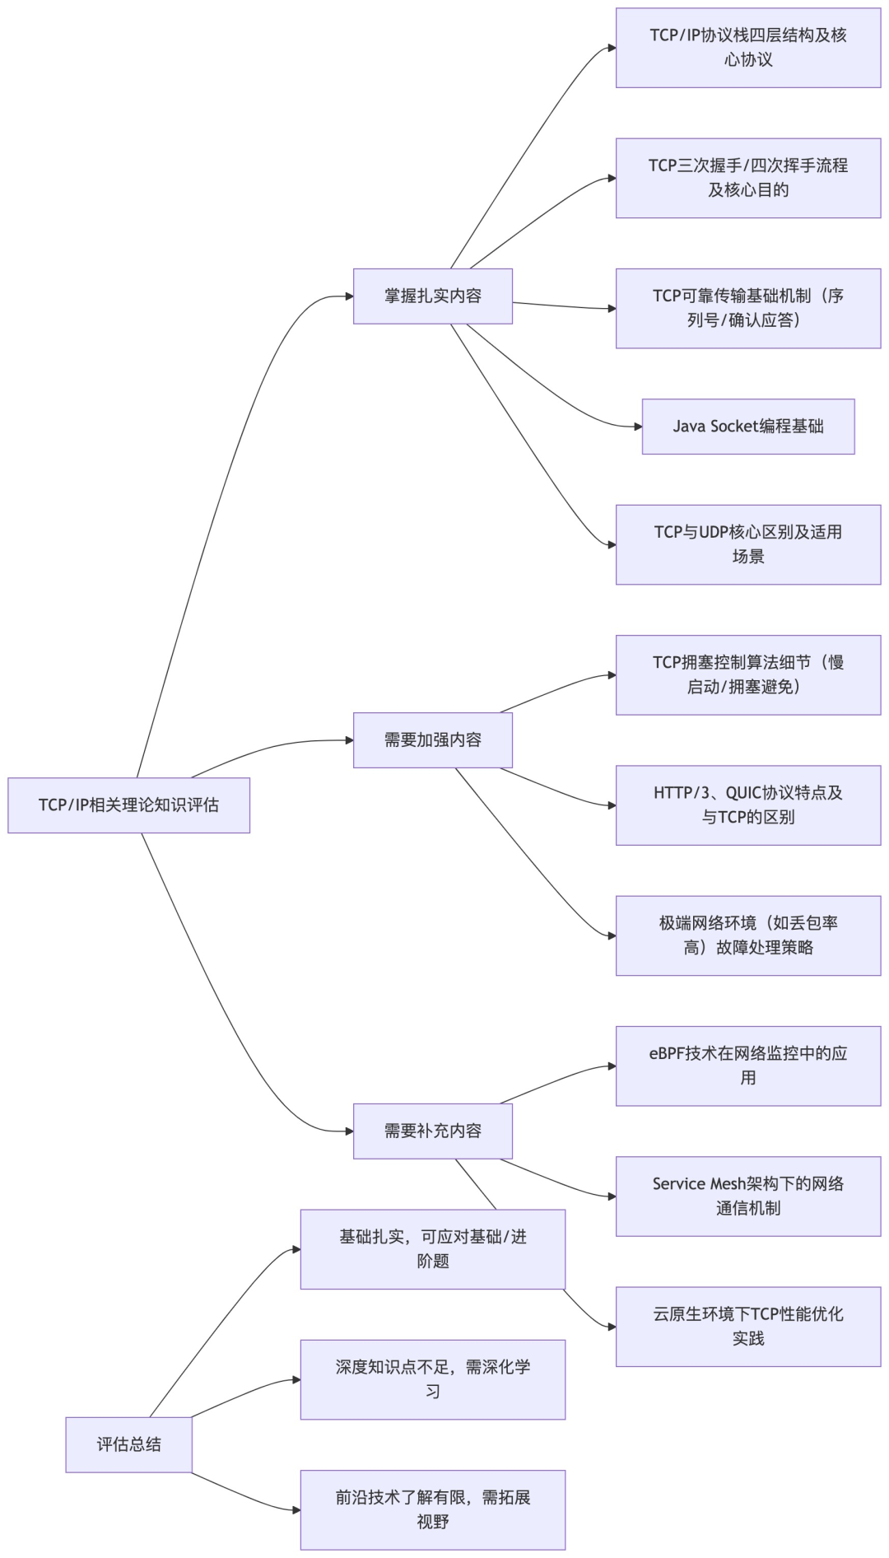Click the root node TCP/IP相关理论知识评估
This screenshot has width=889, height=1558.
128,805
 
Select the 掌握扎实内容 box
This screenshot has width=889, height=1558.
433,296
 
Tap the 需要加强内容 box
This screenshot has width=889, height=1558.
433,740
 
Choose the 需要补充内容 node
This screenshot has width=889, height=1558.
433,1131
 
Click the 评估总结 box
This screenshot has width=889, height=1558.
128,1444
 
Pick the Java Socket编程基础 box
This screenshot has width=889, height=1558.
748,427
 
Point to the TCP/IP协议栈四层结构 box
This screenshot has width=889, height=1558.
748,48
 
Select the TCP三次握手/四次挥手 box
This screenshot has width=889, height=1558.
748,178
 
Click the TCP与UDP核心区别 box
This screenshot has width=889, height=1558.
748,544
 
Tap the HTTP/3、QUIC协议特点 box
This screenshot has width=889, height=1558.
748,805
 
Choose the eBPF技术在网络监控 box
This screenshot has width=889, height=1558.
748,1066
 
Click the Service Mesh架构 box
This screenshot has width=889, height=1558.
748,1196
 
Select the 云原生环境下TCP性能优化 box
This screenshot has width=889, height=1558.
748,1327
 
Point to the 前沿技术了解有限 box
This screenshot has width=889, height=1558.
433,1509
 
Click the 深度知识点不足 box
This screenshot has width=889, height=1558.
433,1379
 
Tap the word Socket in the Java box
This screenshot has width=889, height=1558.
733,427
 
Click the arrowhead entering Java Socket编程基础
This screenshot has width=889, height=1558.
638,427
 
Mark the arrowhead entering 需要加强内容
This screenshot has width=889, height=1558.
349,740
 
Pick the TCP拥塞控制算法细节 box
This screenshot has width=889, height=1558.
748,674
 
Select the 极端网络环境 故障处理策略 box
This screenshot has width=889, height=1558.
748,935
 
